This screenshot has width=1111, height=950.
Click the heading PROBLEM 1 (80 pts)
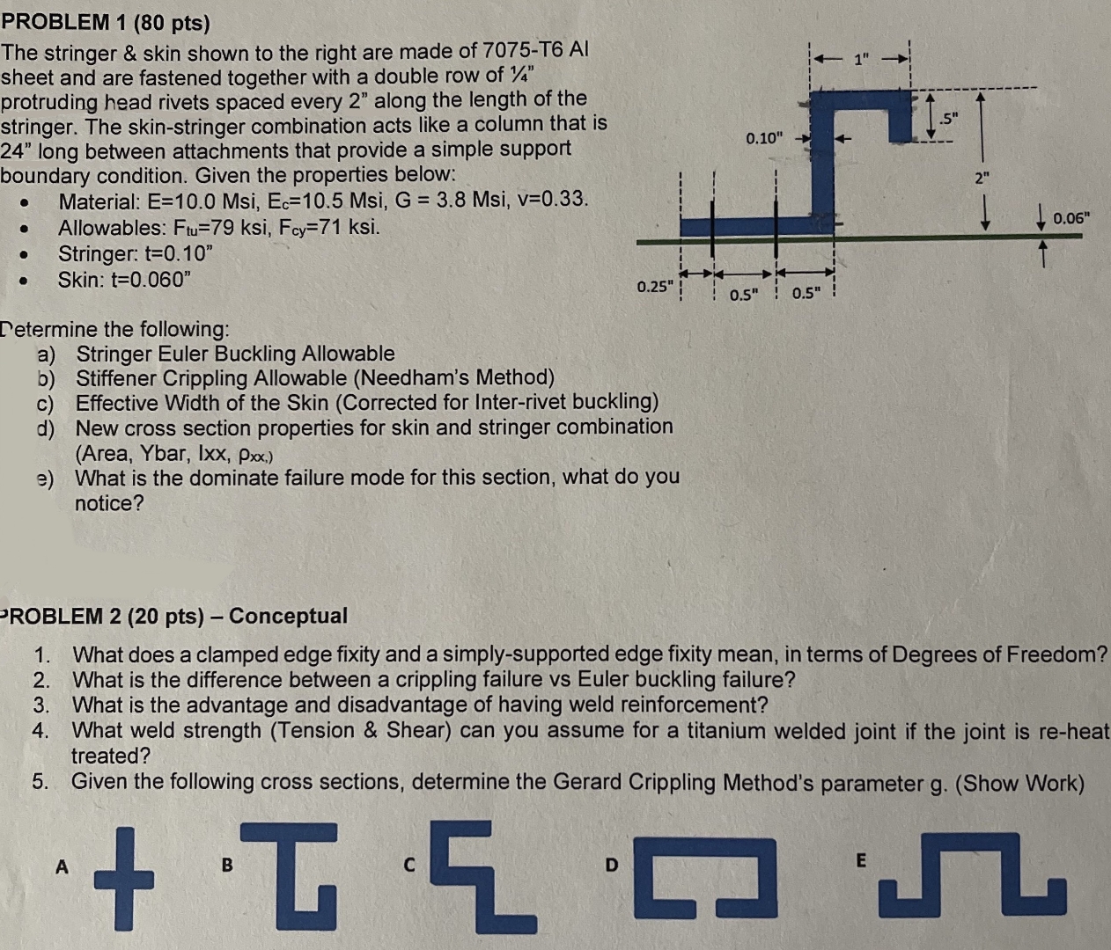(106, 22)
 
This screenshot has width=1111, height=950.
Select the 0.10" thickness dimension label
(763, 138)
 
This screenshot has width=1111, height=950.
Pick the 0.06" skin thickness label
(1071, 218)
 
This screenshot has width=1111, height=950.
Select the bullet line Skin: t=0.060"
(124, 280)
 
